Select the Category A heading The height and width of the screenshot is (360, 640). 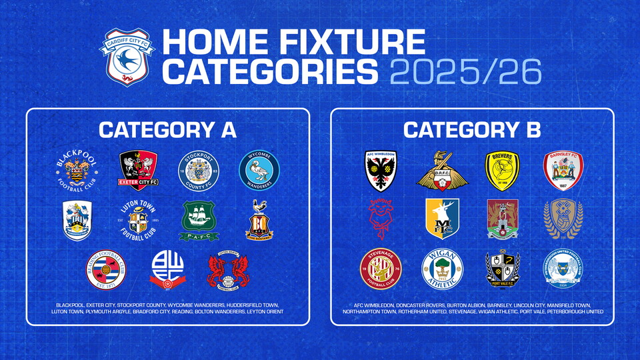(167, 130)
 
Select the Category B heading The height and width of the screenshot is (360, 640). (471, 130)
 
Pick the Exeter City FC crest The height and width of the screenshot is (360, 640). (138, 171)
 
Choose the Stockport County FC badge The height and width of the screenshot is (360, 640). (197, 171)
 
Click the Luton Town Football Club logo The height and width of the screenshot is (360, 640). (138, 220)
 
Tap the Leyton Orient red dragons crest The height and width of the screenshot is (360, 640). (227, 269)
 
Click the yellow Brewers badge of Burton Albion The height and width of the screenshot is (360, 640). (502, 171)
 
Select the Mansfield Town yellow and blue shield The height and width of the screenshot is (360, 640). (441, 220)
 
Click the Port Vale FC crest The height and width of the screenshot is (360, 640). (501, 269)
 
